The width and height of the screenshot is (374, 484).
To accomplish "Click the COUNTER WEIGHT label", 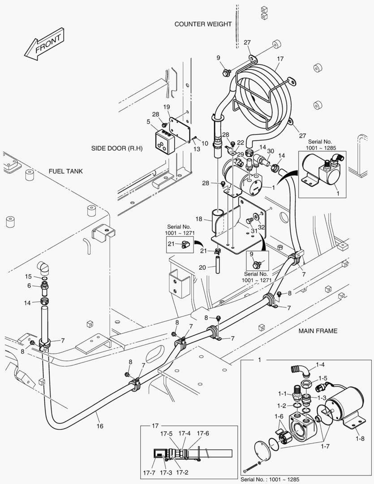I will pyautogui.click(x=203, y=24).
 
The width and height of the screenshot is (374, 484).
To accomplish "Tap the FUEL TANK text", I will pyautogui.click(x=66, y=172).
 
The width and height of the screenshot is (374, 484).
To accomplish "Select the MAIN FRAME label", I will pyautogui.click(x=318, y=331).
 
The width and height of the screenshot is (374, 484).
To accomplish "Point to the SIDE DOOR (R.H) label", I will pyautogui.click(x=116, y=148).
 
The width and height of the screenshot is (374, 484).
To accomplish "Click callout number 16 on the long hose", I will pyautogui.click(x=100, y=426).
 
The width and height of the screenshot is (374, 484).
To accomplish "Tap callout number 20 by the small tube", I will pyautogui.click(x=202, y=267).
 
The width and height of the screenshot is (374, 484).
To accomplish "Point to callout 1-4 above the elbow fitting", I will pyautogui.click(x=320, y=365).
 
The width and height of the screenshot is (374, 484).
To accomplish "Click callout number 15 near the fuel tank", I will pyautogui.click(x=28, y=276).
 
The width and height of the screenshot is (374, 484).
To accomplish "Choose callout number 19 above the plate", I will pyautogui.click(x=166, y=107).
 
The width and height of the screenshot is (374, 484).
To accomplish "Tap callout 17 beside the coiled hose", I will pyautogui.click(x=280, y=58).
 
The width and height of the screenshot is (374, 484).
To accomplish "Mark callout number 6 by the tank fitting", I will pyautogui.click(x=29, y=285).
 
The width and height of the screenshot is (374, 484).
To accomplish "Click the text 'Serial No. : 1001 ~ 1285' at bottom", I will pyautogui.click(x=271, y=479).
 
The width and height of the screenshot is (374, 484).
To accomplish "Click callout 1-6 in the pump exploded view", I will pyautogui.click(x=279, y=416).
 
